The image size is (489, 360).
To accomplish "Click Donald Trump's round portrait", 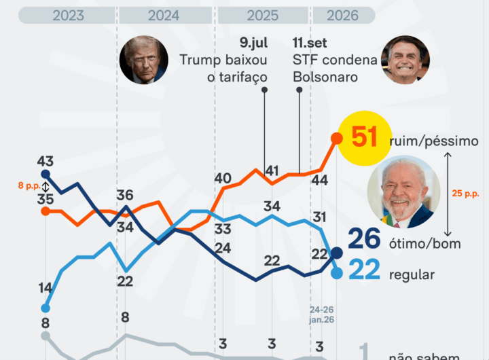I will (144, 60).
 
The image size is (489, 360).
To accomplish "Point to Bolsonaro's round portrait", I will (405, 60).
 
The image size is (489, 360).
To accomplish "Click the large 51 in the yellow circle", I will (364, 138).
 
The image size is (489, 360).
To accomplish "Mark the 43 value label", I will (46, 162).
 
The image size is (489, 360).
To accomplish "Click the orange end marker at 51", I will (336, 138).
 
